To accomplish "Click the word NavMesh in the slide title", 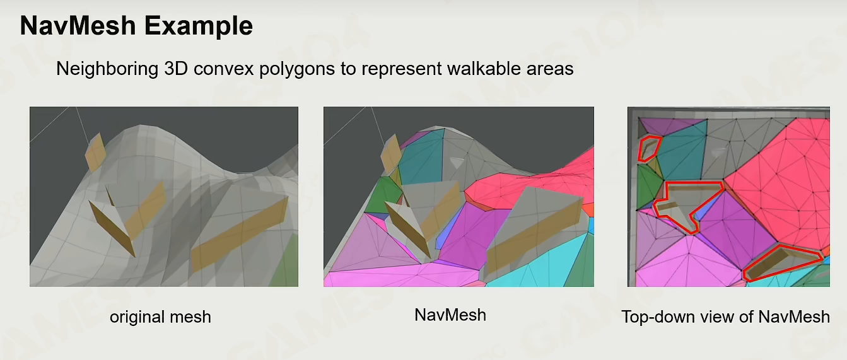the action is pos(78,26).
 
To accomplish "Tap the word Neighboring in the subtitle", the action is pos(107,69).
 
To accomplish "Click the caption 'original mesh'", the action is pos(160,317).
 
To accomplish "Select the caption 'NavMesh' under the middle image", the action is pos(450,315).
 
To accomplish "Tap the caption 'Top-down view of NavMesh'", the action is pos(725,317).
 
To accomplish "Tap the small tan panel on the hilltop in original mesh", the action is pos(95,152).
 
